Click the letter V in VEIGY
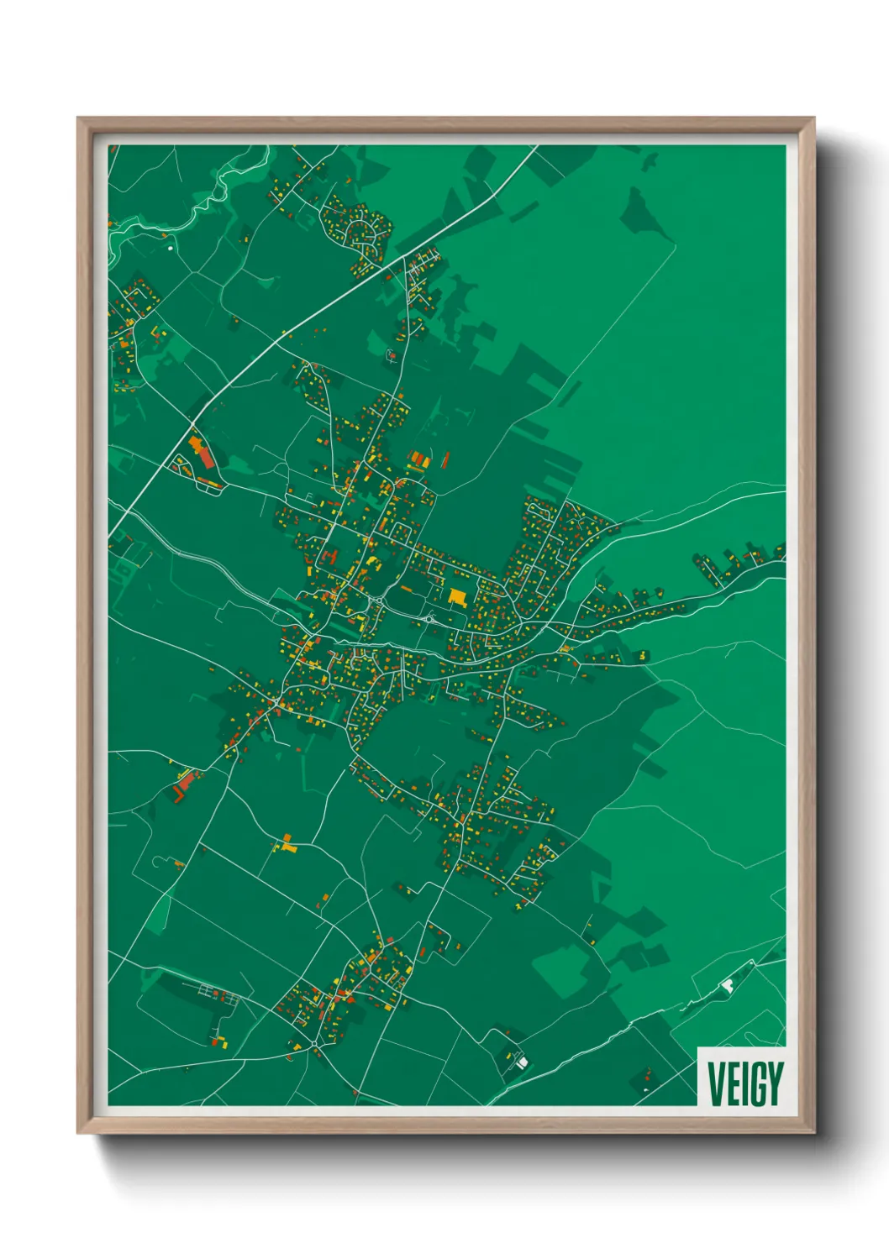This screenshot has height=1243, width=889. coord(716,1083)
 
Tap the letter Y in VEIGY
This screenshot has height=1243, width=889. coord(774,1083)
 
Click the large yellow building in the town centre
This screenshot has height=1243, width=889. coord(457,596)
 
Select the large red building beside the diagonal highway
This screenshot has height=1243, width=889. coord(203,453)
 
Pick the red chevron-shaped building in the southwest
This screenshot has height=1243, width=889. coord(183,786)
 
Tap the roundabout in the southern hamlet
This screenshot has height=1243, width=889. coord(314,1043)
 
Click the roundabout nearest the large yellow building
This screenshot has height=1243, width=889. coord(429,619)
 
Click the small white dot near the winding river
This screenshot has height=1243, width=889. coord(171,248)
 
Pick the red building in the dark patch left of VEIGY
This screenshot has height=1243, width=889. coord(646,1074)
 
